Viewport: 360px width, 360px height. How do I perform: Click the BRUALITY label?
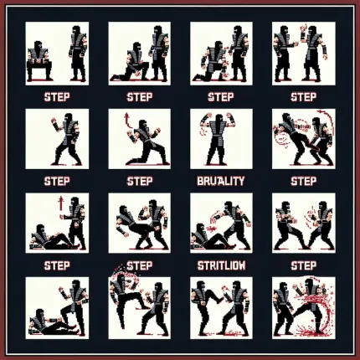click(221, 180)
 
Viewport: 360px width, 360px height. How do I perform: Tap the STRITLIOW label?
click(221, 265)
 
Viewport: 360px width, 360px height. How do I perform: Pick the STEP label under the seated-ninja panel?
click(56, 96)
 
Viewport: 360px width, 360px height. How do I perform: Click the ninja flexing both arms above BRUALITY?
click(221, 138)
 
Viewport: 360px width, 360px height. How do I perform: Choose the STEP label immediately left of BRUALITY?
click(139, 180)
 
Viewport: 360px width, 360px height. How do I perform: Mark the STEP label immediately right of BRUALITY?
click(303, 180)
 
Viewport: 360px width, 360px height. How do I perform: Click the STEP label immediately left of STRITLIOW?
click(139, 265)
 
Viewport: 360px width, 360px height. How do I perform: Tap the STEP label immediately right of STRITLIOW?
click(303, 265)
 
